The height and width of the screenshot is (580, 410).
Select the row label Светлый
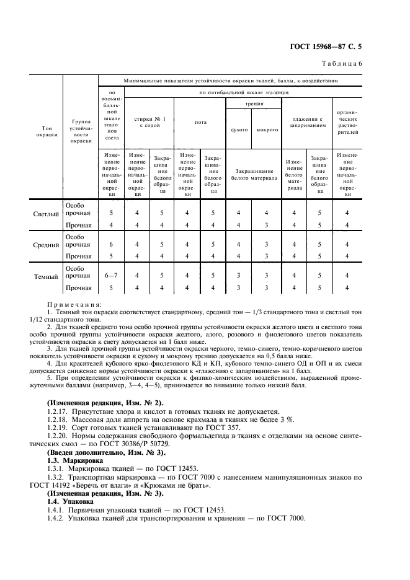click(46, 214)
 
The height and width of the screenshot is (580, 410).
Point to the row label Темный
click(47, 278)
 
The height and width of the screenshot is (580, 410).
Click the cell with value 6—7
click(112, 275)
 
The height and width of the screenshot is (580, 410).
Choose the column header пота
click(200, 122)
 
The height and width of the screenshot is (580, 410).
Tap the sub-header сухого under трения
click(239, 130)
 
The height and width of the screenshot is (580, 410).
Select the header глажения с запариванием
click(306, 122)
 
